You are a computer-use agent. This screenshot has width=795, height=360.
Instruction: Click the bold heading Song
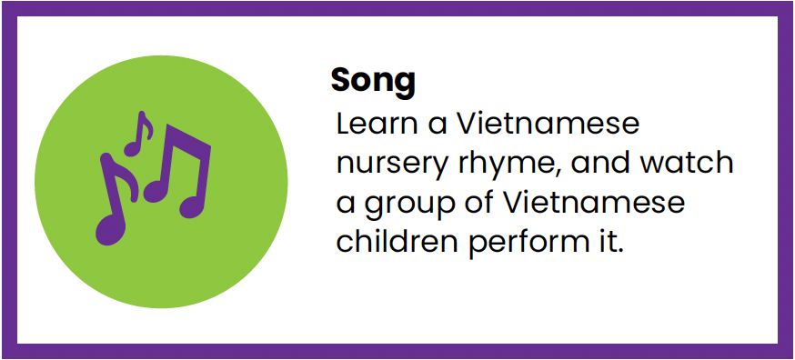pos(373,81)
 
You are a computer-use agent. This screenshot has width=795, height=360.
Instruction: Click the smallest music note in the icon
pos(138,135)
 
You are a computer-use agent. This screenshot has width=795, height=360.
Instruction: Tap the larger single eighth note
pos(115,205)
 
